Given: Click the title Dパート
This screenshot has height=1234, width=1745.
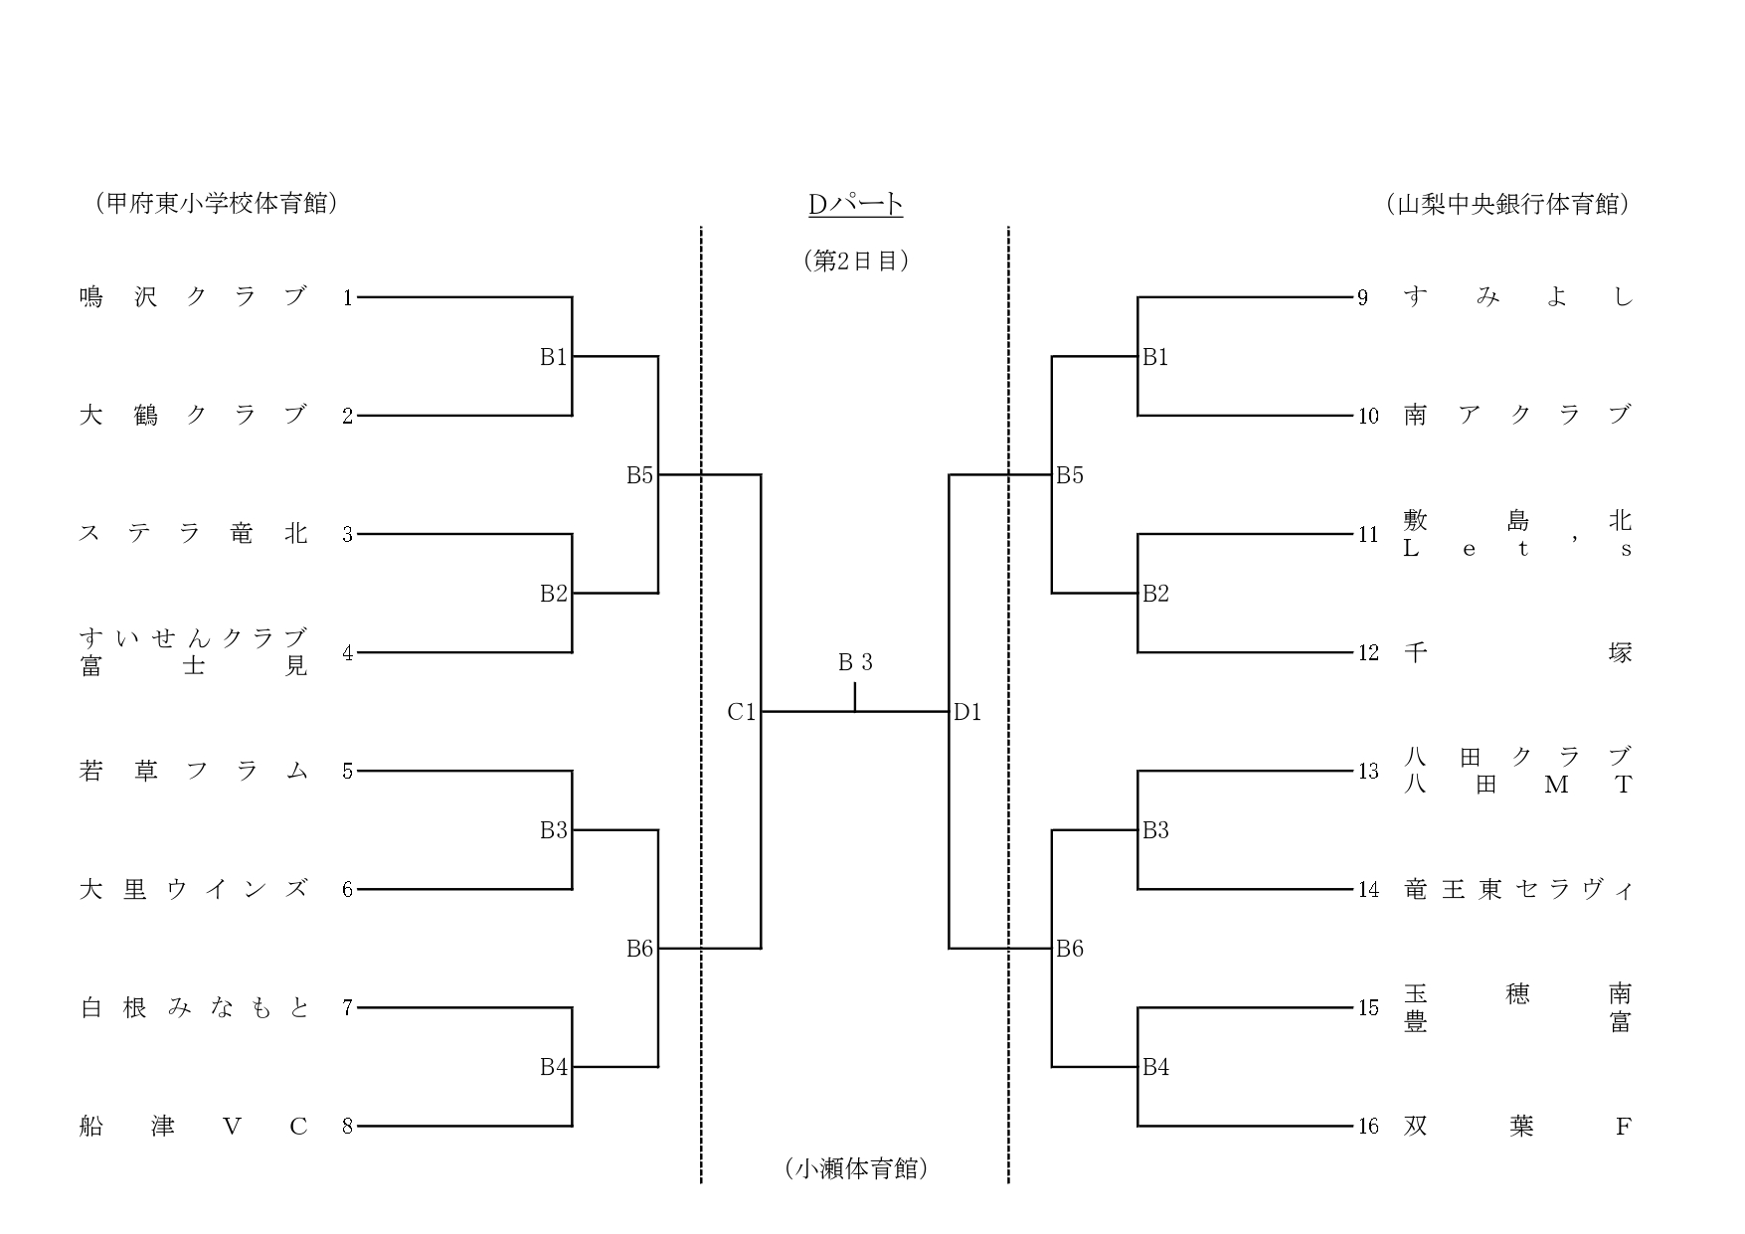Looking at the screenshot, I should (x=855, y=205).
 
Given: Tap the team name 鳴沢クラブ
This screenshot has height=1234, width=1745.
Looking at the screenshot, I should (x=193, y=297).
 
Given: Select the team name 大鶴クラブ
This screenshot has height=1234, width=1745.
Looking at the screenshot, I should (x=193, y=416).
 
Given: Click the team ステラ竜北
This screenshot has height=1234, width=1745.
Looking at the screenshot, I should (x=193, y=534).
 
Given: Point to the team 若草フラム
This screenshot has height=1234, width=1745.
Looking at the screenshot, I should (x=193, y=771).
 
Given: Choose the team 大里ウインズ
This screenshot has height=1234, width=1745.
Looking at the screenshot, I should (x=193, y=889).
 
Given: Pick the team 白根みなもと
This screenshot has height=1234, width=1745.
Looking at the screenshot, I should (x=193, y=1007).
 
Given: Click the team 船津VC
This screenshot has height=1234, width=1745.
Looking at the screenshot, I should (x=193, y=1126).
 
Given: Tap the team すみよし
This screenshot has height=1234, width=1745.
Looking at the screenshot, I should (x=1517, y=297).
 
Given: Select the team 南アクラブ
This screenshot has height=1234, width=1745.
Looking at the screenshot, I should (x=1517, y=416).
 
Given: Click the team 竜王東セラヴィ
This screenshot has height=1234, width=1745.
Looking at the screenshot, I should (x=1517, y=889).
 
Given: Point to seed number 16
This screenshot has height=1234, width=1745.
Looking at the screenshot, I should (x=1368, y=1127).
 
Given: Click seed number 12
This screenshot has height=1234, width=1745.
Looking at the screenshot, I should (x=1368, y=653).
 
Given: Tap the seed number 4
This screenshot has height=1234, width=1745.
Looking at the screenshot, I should (x=347, y=653).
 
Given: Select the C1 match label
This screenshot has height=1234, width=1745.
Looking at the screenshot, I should (x=742, y=712).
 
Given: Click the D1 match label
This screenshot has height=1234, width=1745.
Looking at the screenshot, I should (x=967, y=712).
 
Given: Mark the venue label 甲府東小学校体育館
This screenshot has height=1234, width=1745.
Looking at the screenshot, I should (x=217, y=204).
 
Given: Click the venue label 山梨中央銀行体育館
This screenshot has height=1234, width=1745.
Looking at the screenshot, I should (x=1507, y=205).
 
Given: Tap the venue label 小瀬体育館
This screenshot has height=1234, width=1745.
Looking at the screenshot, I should (x=856, y=1169).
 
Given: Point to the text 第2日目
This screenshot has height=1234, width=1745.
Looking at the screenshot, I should (x=856, y=261).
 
